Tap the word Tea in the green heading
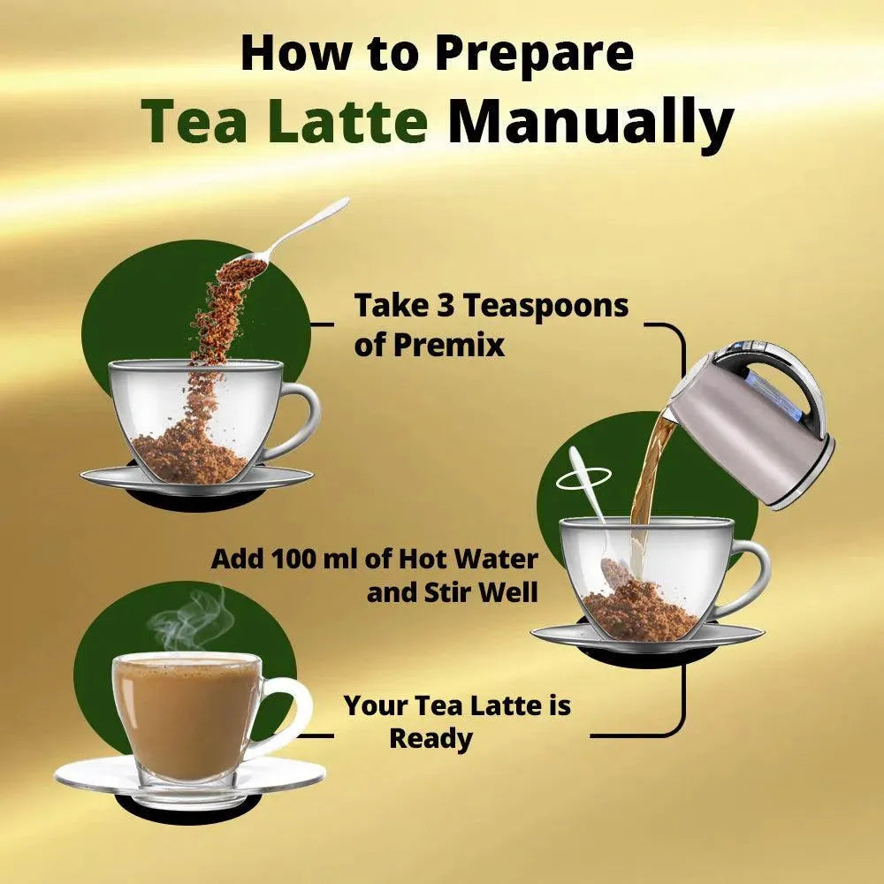(194, 121)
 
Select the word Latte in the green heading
(347, 121)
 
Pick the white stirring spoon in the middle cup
(592, 507)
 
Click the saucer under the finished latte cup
(189, 778)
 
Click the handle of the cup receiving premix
(304, 420)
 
